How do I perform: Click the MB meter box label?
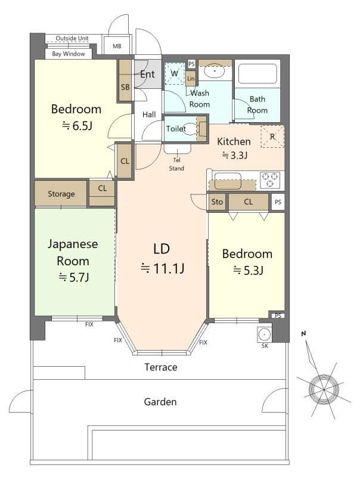coord(117,46)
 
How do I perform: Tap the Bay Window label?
coord(69,54)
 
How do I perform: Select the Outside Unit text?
coord(72,38)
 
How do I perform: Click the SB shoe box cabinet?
coord(125,80)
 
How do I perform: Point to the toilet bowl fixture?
coord(191,128)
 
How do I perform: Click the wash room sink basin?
coord(215,72)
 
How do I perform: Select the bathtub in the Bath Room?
coord(257,73)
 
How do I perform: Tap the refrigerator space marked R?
coord(272,137)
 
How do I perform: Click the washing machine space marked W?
coord(175,73)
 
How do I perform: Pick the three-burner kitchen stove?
coord(269,179)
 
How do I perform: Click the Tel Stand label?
coord(176,165)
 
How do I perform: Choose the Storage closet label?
coord(61,194)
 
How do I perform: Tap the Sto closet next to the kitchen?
coord(217,202)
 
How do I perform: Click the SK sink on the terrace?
coord(265,334)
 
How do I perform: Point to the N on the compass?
coord(303,334)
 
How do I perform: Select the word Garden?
coord(160,402)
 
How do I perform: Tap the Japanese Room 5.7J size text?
coord(74,277)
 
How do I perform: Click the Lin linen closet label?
coord(191,79)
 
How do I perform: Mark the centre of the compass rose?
coord(324,389)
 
